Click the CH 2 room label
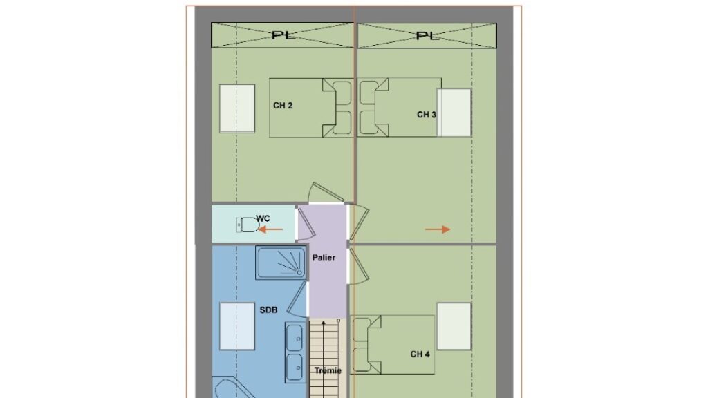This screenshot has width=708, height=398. tap(283, 106)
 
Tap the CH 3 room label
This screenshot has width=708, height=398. tap(426, 115)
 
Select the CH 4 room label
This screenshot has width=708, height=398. tap(420, 354)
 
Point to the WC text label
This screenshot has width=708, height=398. tap(263, 218)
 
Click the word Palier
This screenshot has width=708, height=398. tap(324, 258)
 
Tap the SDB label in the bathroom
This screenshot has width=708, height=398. tap(268, 310)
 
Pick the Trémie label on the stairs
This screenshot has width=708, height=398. tap(328, 370)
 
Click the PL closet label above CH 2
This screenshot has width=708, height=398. tap(283, 35)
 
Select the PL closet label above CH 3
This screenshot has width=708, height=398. tap(427, 35)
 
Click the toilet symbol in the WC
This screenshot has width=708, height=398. tap(248, 225)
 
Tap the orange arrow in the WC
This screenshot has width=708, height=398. tap(270, 229)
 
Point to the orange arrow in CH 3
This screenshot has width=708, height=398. tap(438, 229)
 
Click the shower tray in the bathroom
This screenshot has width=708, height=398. tap(281, 262)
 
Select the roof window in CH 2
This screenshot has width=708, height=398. tap(237, 108)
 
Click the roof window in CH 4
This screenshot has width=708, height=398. tap(454, 326)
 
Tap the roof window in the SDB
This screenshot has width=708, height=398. tap(237, 326)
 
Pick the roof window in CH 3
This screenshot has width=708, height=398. tap(454, 113)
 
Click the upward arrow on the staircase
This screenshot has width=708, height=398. tap(324, 359)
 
